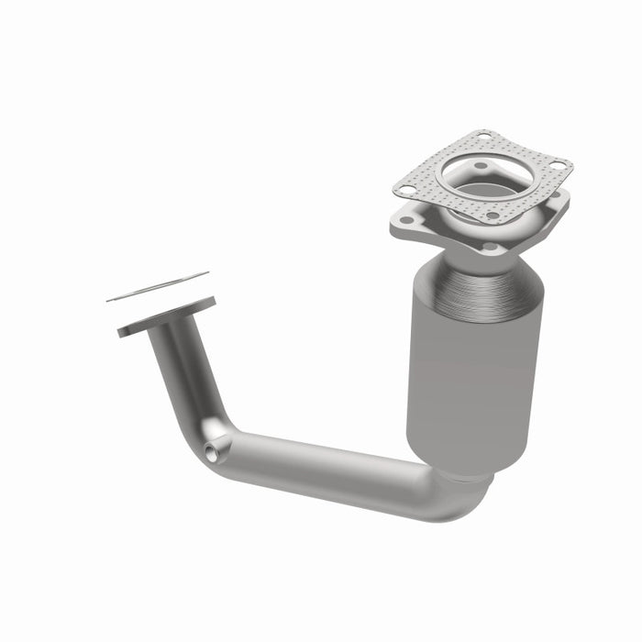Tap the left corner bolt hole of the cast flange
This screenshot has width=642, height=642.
[x=402, y=220]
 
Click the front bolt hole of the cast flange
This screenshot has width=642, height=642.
[x=490, y=247]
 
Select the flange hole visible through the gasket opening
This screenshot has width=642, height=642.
[x=477, y=167]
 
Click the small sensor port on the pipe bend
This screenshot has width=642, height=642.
[x=214, y=452]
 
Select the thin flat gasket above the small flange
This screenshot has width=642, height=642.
[x=158, y=286]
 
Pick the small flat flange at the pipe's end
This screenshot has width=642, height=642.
[x=165, y=316]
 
